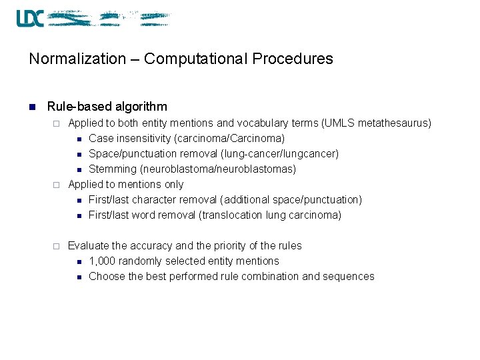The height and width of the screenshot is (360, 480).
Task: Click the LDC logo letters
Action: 30,18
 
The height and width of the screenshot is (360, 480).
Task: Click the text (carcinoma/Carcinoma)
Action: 231,139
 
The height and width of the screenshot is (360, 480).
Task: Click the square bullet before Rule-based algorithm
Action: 31,107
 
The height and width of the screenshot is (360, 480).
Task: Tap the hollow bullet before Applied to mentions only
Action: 57,185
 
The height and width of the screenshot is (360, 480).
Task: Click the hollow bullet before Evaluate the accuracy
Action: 57,246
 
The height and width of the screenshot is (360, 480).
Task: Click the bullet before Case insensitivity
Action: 79,139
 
